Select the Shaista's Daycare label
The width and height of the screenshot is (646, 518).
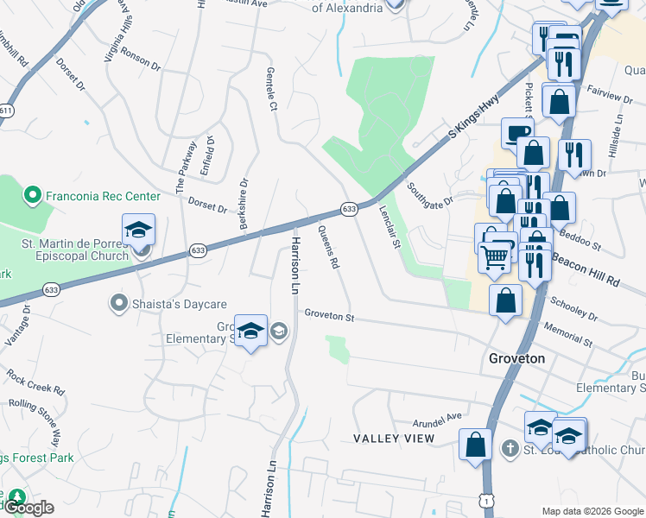(179, 304)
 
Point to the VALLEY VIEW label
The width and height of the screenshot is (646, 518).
(394, 439)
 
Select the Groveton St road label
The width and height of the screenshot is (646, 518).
(330, 317)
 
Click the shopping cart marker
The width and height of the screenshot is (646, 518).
(494, 256)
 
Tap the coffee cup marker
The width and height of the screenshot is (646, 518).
(518, 133)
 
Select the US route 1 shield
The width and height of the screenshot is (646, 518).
(490, 502)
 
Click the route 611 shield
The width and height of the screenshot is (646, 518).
(7, 111)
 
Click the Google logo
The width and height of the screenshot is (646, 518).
(28, 508)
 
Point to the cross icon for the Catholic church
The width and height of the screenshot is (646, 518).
(510, 449)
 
